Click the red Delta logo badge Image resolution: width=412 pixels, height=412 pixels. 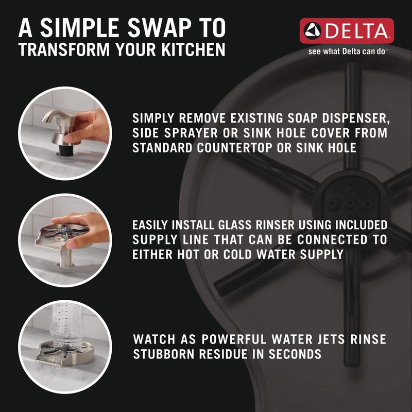click(347, 31)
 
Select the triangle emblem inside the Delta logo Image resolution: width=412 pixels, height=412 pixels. click(313, 31)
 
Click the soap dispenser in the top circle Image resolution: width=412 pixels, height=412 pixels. click(61, 129)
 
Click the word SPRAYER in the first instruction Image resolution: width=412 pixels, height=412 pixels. click(191, 133)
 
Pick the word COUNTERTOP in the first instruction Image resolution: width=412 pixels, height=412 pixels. click(235, 148)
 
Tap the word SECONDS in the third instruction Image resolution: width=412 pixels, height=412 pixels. click(295, 354)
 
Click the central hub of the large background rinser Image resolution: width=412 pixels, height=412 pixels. click(350, 202)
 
